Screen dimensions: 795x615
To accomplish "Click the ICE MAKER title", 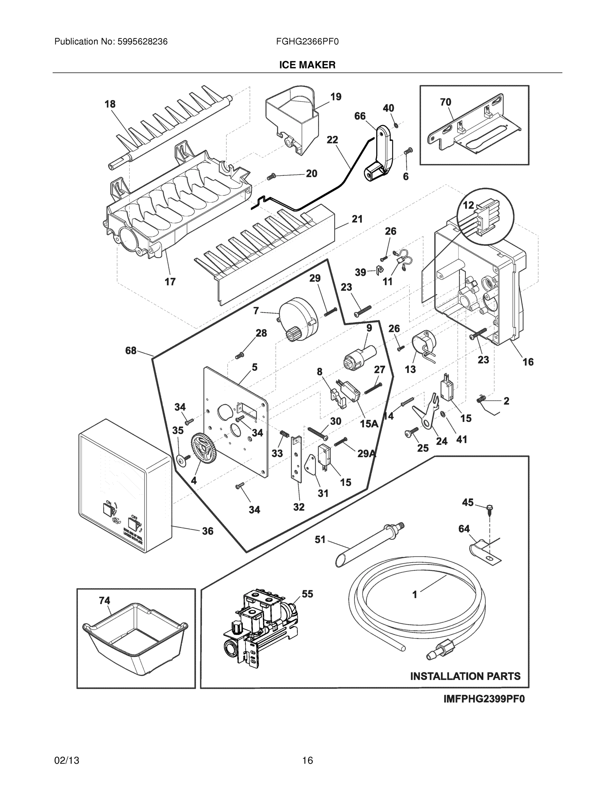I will (x=307, y=65).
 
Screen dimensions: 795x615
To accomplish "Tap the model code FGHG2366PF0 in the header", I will (x=307, y=41).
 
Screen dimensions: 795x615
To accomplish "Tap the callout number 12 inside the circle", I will (x=468, y=205).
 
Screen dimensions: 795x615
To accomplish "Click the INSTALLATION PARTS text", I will (x=465, y=676).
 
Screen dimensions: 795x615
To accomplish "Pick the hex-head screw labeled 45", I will (x=489, y=508).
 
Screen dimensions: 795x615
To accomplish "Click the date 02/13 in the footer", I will (x=67, y=761).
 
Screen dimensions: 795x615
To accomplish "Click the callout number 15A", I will (x=369, y=423).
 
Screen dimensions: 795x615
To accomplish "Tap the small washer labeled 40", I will (x=397, y=125).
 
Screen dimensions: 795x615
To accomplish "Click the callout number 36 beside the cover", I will (x=208, y=531).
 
